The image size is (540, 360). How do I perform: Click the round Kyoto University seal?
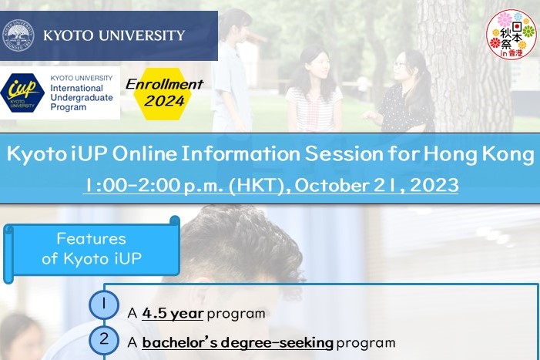pos(18,35)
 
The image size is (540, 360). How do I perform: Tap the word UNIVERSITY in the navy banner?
pos(143,35)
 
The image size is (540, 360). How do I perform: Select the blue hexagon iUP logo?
pos(22,93)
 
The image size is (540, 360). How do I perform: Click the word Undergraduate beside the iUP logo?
pos(82,97)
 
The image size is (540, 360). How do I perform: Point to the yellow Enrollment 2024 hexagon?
pos(164,93)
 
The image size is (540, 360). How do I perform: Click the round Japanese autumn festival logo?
pos(511,34)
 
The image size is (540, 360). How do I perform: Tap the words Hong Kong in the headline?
pos(478,154)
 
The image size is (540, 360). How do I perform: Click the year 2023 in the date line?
pos(434,185)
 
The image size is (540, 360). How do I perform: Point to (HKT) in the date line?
pos(257,185)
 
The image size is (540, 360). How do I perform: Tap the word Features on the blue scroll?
pos(91,238)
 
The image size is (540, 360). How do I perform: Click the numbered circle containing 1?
pos(104,304)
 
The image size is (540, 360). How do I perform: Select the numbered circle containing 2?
pos(104,340)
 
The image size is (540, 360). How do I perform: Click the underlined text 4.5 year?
pos(173,314)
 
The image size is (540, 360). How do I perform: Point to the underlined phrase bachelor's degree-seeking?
pos(237,343)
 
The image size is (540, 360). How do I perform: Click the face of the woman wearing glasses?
pos(400,65)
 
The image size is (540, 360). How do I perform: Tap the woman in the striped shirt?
pos(314,89)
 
